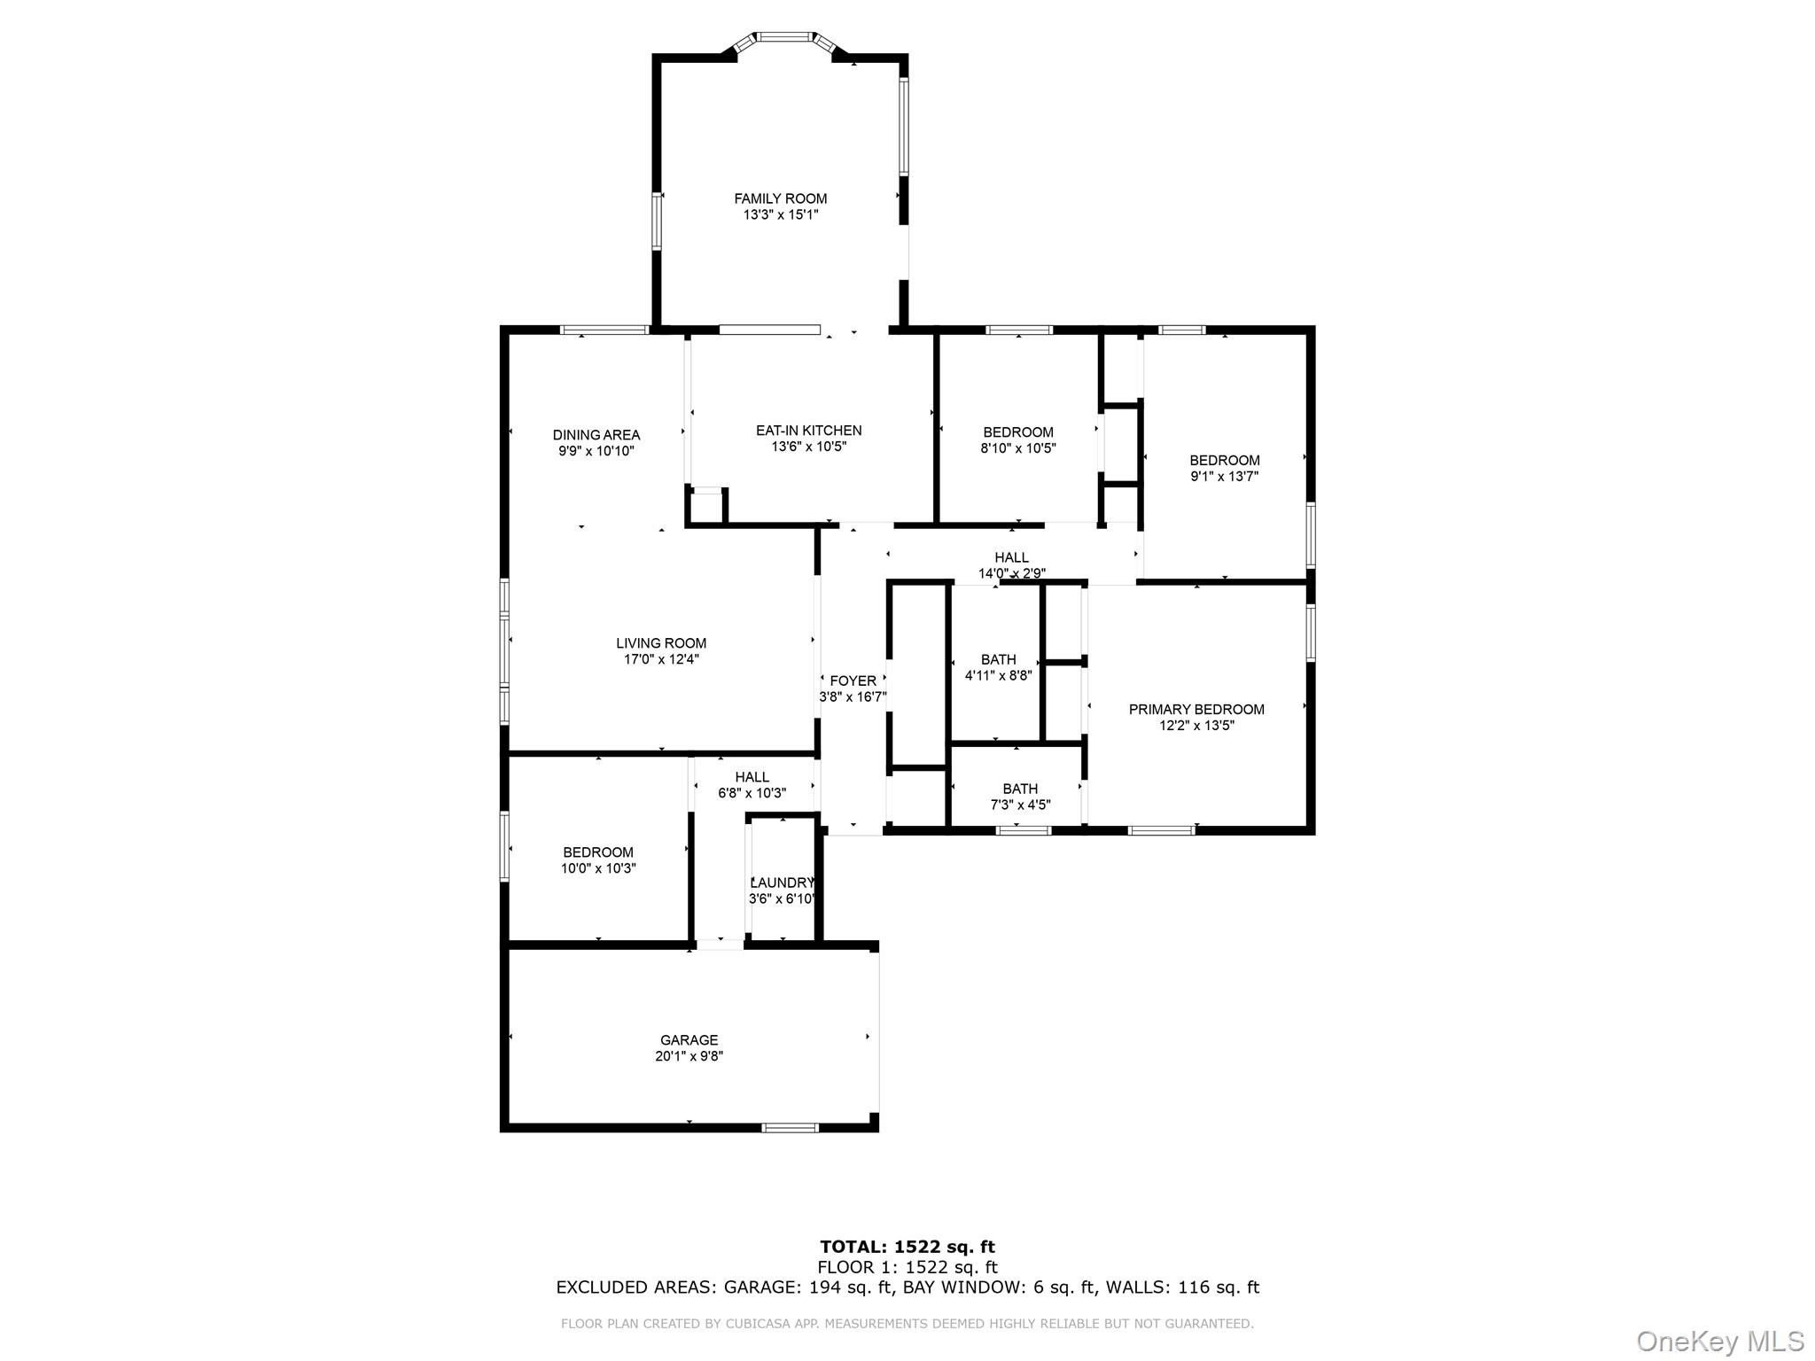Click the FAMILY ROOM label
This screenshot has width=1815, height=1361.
click(x=780, y=198)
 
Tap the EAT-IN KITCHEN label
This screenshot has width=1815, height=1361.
click(x=808, y=431)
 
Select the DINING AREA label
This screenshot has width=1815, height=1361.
click(x=596, y=435)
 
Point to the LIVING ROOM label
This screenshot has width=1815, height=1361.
click(x=661, y=643)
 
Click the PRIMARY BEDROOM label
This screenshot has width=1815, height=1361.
click(x=1196, y=710)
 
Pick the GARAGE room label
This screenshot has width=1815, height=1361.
click(x=689, y=1040)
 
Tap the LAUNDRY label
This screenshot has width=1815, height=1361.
click(x=782, y=883)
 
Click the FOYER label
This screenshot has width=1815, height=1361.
click(x=853, y=680)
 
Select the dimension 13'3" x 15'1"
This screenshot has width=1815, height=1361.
click(x=780, y=215)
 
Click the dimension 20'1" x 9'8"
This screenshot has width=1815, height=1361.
click(x=689, y=1056)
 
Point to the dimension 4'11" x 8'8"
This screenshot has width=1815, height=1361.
click(x=998, y=676)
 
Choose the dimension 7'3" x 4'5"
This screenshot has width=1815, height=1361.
click(x=1020, y=805)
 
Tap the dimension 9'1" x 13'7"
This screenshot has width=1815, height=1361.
click(x=1224, y=477)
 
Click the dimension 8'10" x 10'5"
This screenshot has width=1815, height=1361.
click(x=1018, y=448)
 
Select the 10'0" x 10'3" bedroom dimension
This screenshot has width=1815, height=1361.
click(x=598, y=869)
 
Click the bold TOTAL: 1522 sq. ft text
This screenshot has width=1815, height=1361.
click(x=907, y=1248)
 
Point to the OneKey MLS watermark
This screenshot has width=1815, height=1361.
click(x=1719, y=1342)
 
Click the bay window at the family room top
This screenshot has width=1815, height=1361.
click(x=785, y=37)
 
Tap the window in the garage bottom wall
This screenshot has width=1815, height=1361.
click(x=791, y=1128)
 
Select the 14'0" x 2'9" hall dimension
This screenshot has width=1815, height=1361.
click(x=1011, y=573)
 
